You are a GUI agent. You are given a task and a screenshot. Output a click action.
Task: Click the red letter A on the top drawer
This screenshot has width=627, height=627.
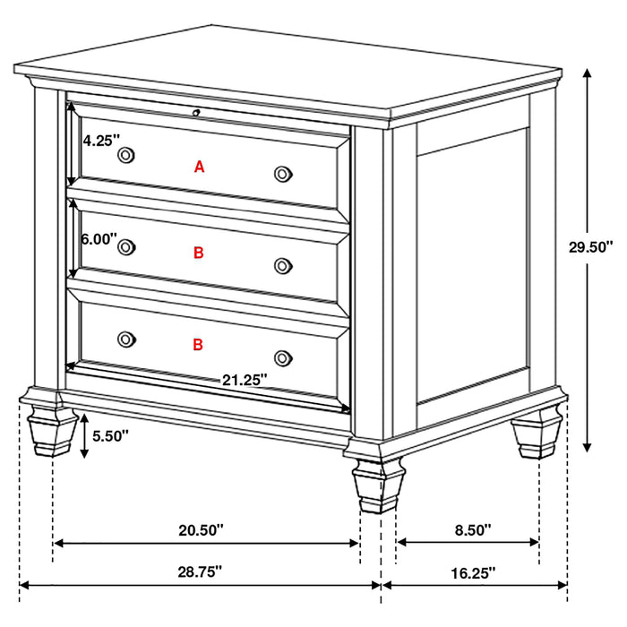tap(200, 166)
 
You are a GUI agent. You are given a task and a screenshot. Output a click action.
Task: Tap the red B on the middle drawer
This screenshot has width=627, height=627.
tap(199, 253)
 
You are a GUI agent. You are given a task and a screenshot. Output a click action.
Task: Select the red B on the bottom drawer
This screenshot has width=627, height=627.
tap(198, 343)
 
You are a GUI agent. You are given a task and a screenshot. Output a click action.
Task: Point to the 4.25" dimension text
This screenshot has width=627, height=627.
tap(99, 140)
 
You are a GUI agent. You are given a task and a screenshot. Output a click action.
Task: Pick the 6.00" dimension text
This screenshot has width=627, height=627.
tap(99, 239)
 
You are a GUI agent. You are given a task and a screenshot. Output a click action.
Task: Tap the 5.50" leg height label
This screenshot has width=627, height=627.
tap(110, 436)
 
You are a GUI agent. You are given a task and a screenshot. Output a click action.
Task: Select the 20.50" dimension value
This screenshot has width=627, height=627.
tap(201, 530)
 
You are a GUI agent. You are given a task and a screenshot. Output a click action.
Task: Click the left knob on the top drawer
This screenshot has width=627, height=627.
tap(126, 156)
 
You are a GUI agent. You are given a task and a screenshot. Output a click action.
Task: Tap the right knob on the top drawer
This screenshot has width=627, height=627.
tap(283, 173)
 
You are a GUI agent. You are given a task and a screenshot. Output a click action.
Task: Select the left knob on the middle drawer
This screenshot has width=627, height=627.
tap(126, 246)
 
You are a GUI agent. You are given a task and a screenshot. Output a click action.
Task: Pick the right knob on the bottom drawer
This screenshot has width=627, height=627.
tap(283, 356)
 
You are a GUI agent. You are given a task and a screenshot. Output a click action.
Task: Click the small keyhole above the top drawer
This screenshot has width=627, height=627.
tap(196, 112)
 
